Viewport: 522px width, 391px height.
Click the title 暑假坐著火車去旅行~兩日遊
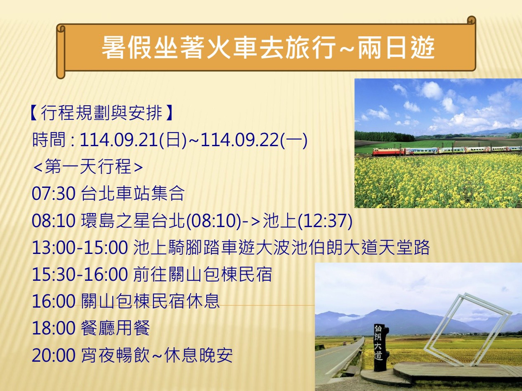click(268, 47)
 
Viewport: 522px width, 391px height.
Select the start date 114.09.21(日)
click(133, 140)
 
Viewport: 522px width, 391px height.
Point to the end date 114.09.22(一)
click(254, 140)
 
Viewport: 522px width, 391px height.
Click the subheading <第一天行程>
click(88, 167)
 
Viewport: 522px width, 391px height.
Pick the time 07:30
click(54, 194)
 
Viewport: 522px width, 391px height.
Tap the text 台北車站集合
click(133, 194)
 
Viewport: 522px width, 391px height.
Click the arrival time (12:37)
click(325, 221)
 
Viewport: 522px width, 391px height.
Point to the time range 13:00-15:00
click(80, 248)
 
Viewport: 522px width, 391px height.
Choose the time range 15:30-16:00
click(80, 275)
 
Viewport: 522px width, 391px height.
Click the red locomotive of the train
click(387, 152)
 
